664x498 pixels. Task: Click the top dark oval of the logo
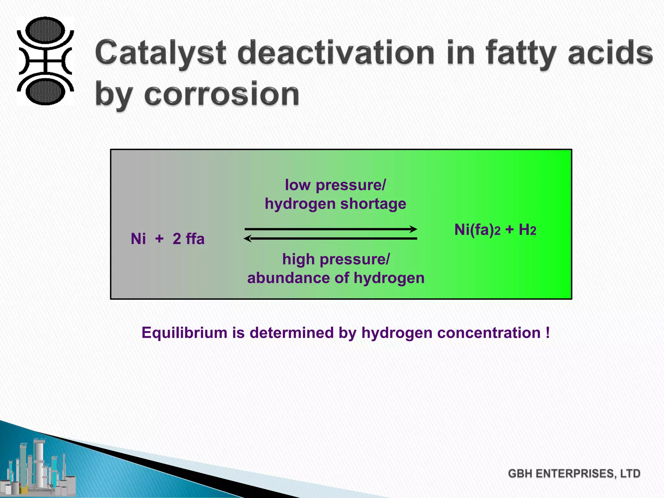[45, 30]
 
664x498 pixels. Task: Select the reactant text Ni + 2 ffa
[167, 239]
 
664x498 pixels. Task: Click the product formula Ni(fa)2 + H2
[495, 230]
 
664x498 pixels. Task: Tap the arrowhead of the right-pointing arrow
[413, 229]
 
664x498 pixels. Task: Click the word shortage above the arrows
[373, 204]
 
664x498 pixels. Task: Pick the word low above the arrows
[298, 185]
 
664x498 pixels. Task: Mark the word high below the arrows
[298, 259]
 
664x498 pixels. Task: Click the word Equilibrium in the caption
[184, 333]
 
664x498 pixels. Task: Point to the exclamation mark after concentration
[548, 333]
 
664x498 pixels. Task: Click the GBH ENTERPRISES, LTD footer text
[574, 473]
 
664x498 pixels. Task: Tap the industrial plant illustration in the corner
[39, 467]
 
